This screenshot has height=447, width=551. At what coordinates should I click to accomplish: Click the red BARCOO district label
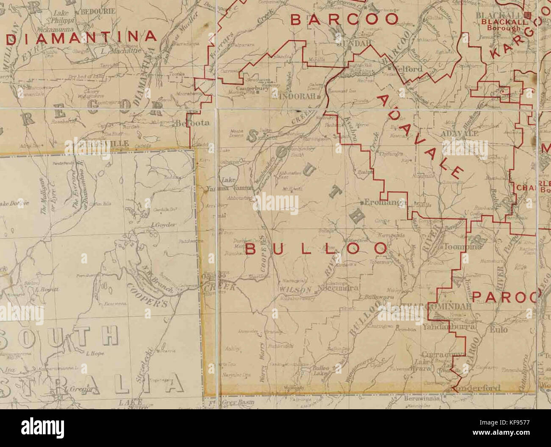345,20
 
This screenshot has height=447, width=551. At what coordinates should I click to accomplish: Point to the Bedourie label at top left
98,11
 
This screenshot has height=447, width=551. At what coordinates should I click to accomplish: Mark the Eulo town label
495,327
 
